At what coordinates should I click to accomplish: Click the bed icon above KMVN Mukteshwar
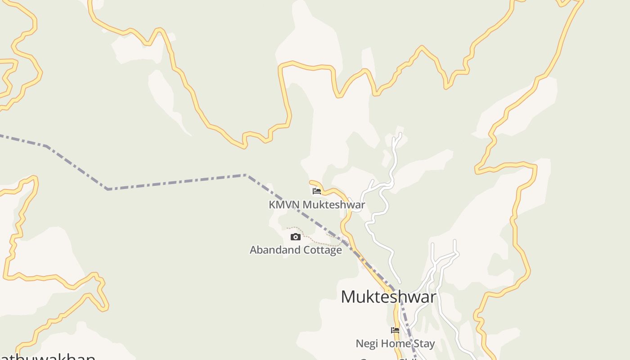(x=317, y=191)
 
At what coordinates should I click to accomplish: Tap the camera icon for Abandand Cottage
(x=295, y=237)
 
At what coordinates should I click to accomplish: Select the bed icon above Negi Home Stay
(x=395, y=330)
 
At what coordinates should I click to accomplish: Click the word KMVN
(x=284, y=205)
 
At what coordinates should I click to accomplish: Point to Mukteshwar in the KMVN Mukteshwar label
(x=333, y=205)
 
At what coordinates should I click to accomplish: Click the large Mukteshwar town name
(x=388, y=297)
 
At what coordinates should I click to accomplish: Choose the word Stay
(x=424, y=344)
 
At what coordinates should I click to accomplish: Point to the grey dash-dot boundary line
(x=175, y=181)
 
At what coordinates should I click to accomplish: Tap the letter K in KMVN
(x=272, y=205)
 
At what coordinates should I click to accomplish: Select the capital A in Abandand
(x=253, y=250)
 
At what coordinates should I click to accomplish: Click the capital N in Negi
(x=359, y=344)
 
